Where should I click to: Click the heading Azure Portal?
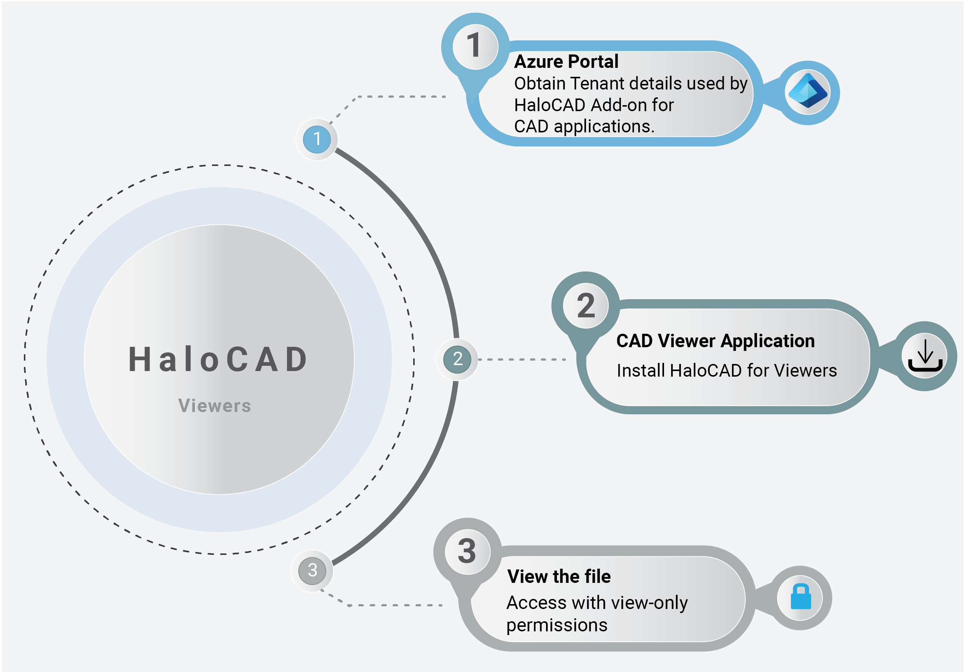[566, 62]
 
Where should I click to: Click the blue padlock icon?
[800, 597]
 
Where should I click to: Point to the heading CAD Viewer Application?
[715, 341]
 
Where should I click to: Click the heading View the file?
[559, 577]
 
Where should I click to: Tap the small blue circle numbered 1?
[317, 139]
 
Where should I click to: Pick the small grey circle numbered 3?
[312, 570]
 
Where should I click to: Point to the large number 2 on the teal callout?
[586, 305]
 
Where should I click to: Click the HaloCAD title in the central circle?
[218, 360]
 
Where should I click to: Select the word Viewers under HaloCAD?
[215, 406]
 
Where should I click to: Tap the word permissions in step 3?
[557, 625]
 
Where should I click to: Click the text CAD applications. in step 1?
[584, 126]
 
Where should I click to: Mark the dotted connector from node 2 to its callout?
[522, 360]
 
